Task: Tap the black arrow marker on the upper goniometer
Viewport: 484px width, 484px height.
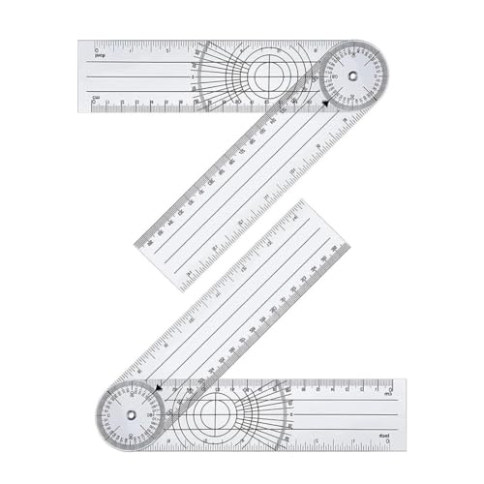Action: point(326,102)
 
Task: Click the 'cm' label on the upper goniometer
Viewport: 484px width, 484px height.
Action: point(95,97)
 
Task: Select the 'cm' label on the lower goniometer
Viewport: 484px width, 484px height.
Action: point(387,394)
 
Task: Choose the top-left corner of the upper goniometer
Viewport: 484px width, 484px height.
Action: point(80,42)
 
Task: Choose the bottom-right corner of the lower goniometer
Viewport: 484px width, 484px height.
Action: point(406,449)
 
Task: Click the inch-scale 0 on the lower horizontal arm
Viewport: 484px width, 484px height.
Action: point(387,442)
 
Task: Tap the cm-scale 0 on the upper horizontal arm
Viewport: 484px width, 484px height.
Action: point(94,103)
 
